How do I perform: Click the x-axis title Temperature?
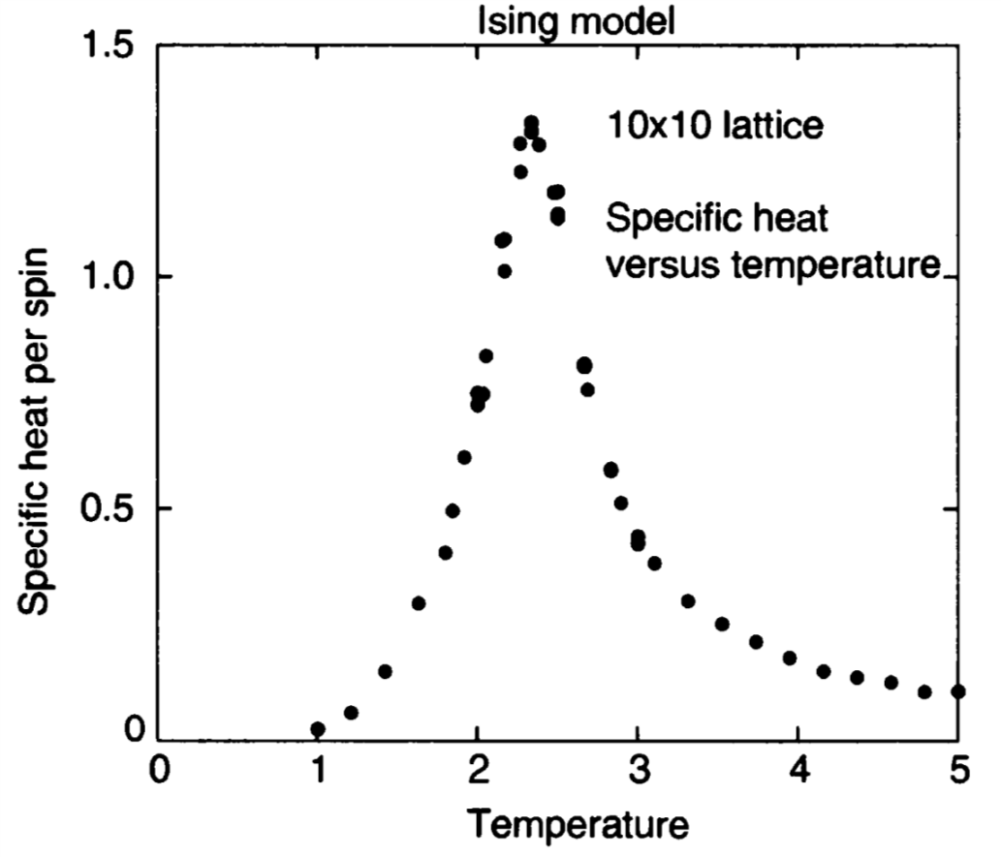point(579,824)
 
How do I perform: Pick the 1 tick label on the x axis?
point(318,774)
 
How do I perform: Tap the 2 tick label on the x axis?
point(478,774)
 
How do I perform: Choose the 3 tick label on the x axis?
point(638,774)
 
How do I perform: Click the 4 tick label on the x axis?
point(798,774)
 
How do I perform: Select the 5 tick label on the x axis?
point(957,774)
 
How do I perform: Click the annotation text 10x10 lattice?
point(714,125)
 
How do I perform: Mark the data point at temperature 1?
point(318,729)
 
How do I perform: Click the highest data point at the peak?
point(531,123)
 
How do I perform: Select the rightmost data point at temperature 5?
point(958,690)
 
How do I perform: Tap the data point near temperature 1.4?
point(385,671)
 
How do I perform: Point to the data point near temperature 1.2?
point(351,713)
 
